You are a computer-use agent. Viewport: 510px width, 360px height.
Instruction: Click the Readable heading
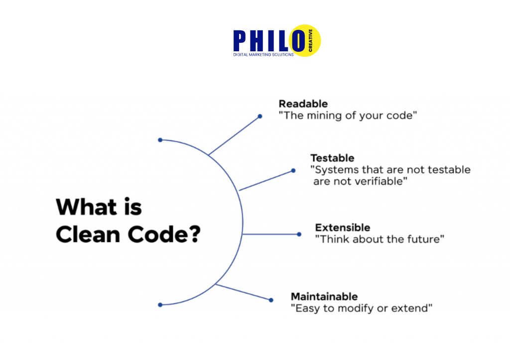(303, 104)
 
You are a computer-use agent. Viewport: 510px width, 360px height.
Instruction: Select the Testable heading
(332, 158)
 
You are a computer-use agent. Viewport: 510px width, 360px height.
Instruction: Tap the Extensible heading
(342, 228)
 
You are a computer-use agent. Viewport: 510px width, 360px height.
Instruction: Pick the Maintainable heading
(324, 296)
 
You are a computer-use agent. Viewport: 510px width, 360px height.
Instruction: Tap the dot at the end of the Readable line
(259, 117)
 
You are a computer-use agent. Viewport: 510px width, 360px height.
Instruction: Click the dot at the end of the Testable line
(293, 171)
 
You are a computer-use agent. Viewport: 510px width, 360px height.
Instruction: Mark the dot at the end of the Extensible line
(299, 234)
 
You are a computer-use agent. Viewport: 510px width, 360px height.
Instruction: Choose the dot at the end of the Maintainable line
(271, 300)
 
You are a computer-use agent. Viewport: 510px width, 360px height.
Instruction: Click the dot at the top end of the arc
(160, 140)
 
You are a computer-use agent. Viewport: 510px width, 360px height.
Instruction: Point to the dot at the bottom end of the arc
(160, 304)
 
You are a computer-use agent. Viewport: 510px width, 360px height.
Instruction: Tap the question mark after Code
(192, 235)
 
